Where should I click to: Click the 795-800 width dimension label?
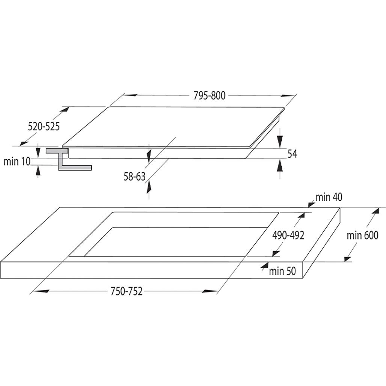point(209,95)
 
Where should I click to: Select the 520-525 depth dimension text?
point(44,127)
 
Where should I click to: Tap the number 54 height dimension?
point(292,154)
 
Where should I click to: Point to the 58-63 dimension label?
point(134,176)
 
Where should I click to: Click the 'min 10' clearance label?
point(17,161)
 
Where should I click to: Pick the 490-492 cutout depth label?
point(288,235)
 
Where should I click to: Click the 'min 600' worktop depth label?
point(362,235)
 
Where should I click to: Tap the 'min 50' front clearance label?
point(282,271)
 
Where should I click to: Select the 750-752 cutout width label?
point(127,291)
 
